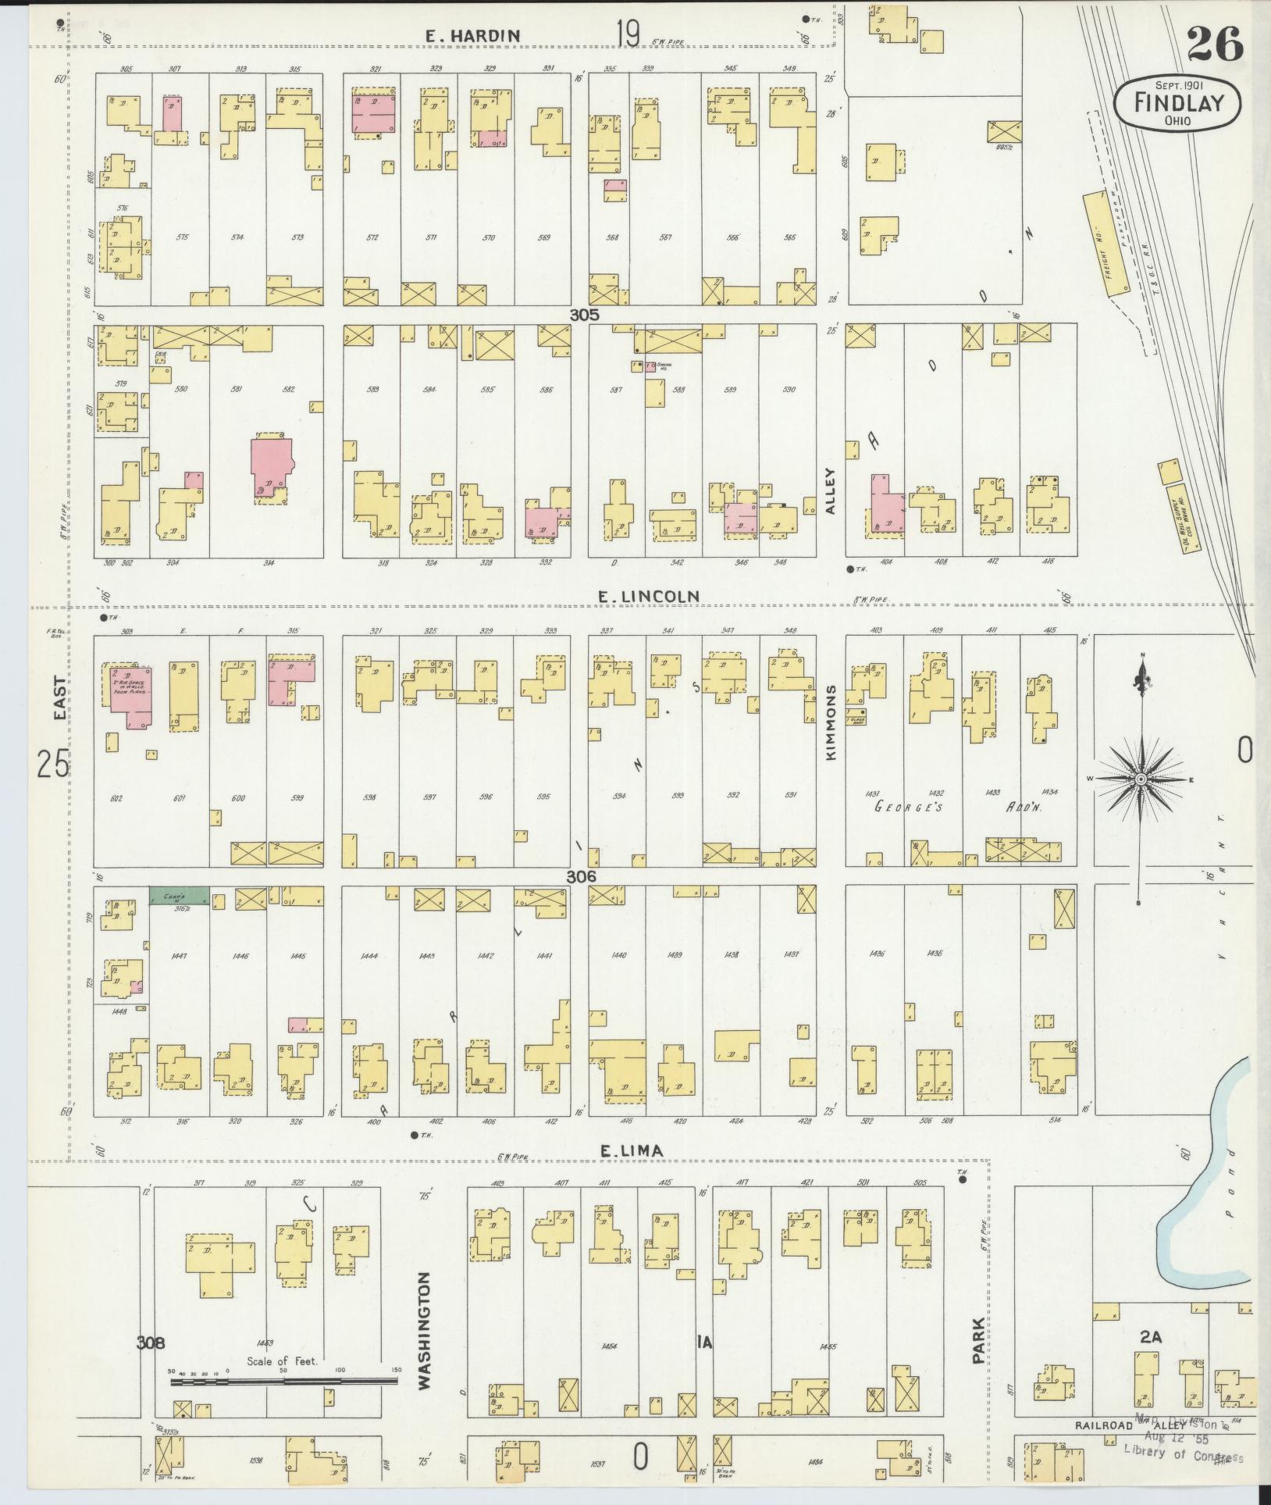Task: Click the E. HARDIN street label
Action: [x=472, y=35]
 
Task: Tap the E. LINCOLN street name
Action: [x=648, y=597]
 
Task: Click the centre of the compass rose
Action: [x=1141, y=779]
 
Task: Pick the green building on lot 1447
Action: [x=179, y=896]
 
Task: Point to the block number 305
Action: [x=583, y=315]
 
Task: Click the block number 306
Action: [x=581, y=876]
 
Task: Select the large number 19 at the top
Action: [x=627, y=34]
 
